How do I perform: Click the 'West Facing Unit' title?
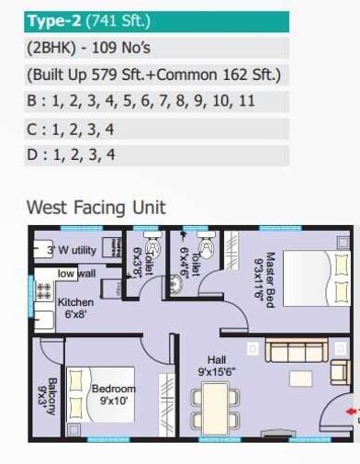point(96,207)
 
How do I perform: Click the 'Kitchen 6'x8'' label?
point(75,308)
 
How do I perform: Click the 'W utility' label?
point(73,249)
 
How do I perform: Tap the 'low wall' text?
point(77,274)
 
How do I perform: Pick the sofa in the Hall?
point(304,352)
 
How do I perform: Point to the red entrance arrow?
point(353,411)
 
